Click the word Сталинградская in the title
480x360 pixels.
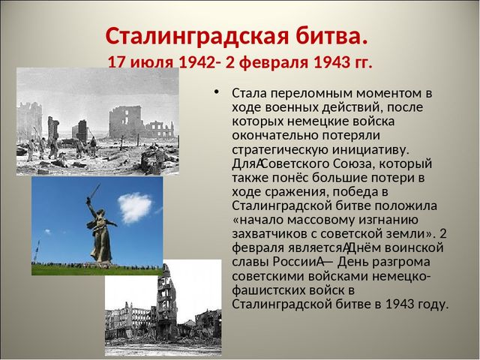(x=197, y=37)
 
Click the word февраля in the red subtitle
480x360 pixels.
(x=272, y=63)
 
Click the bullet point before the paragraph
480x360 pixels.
(x=217, y=91)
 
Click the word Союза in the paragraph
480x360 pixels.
(x=352, y=164)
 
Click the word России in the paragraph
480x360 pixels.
(x=295, y=262)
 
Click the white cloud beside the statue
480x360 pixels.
(x=135, y=208)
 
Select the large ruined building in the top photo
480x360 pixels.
(x=125, y=121)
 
